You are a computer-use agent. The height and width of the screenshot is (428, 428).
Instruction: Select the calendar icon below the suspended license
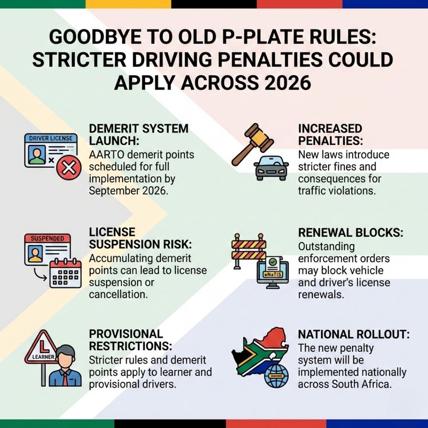[x=65, y=273]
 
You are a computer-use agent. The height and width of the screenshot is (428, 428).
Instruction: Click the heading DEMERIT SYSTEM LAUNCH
[x=139, y=135]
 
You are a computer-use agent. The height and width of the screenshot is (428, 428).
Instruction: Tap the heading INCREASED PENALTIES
[x=330, y=135]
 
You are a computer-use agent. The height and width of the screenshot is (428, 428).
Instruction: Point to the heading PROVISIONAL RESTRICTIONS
[x=130, y=340]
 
